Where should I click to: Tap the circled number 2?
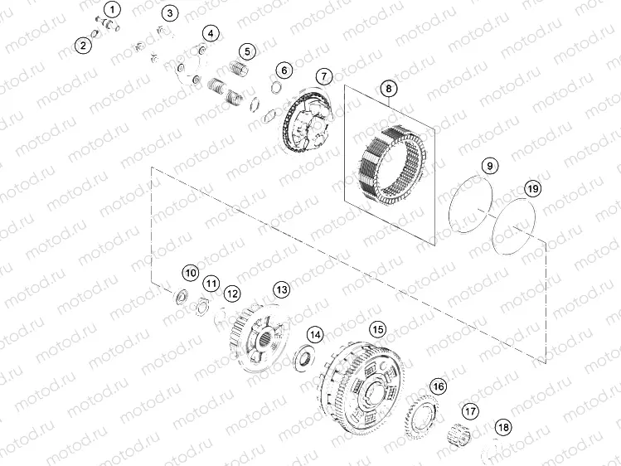point(83,46)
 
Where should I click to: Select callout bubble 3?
point(170,13)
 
